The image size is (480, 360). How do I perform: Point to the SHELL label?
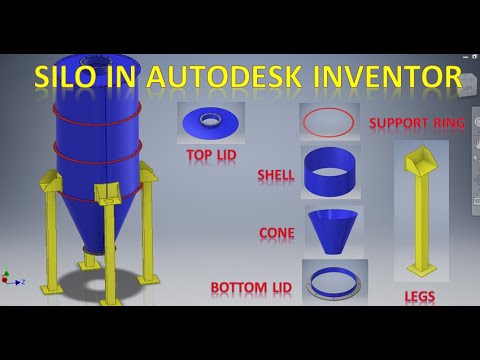pyautogui.click(x=276, y=175)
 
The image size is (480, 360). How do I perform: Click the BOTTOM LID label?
pyautogui.click(x=250, y=288)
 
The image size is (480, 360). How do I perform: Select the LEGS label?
pyautogui.click(x=420, y=297)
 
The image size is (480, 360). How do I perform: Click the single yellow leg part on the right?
pyautogui.click(x=419, y=210)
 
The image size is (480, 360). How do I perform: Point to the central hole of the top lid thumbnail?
pyautogui.click(x=211, y=119)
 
